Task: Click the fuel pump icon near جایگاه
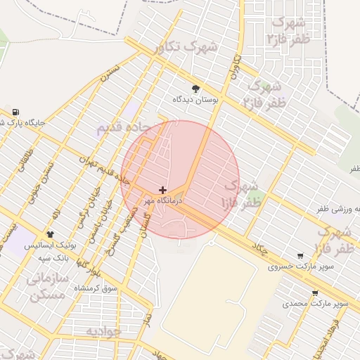pyautogui.click(x=15, y=112)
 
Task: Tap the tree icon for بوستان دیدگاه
pyautogui.click(x=195, y=89)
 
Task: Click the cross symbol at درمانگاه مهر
pyautogui.click(x=163, y=190)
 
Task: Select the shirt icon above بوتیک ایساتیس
pyautogui.click(x=50, y=234)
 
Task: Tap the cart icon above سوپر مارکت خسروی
pyautogui.click(x=301, y=256)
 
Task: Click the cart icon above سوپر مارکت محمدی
pyautogui.click(x=315, y=293)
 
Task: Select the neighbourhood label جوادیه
pyautogui.click(x=104, y=330)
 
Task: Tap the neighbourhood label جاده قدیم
pyautogui.click(x=122, y=128)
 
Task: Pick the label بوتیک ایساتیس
pyautogui.click(x=48, y=246)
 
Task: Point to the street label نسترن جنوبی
pyautogui.click(x=39, y=188)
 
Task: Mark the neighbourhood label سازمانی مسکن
pyautogui.click(x=48, y=287)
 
